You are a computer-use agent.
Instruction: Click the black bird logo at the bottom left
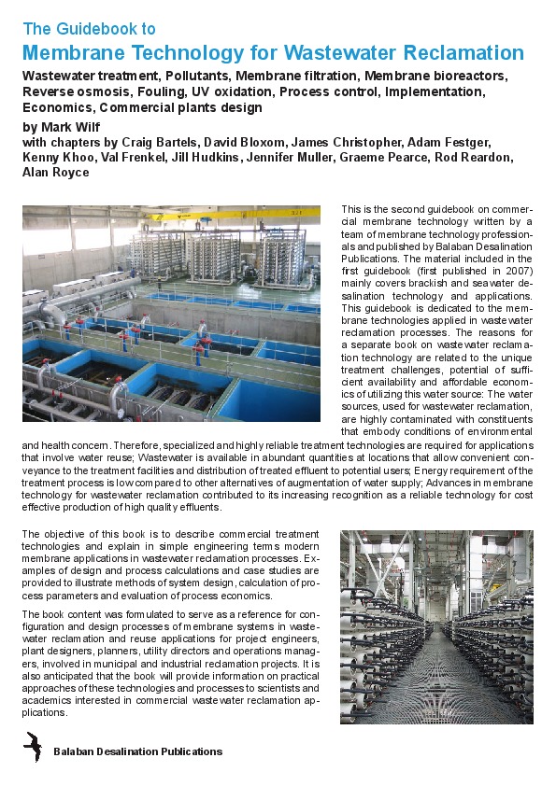click(x=33, y=748)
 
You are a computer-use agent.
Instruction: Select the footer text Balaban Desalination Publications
click(x=137, y=751)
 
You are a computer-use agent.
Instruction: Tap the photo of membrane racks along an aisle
click(x=436, y=626)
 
